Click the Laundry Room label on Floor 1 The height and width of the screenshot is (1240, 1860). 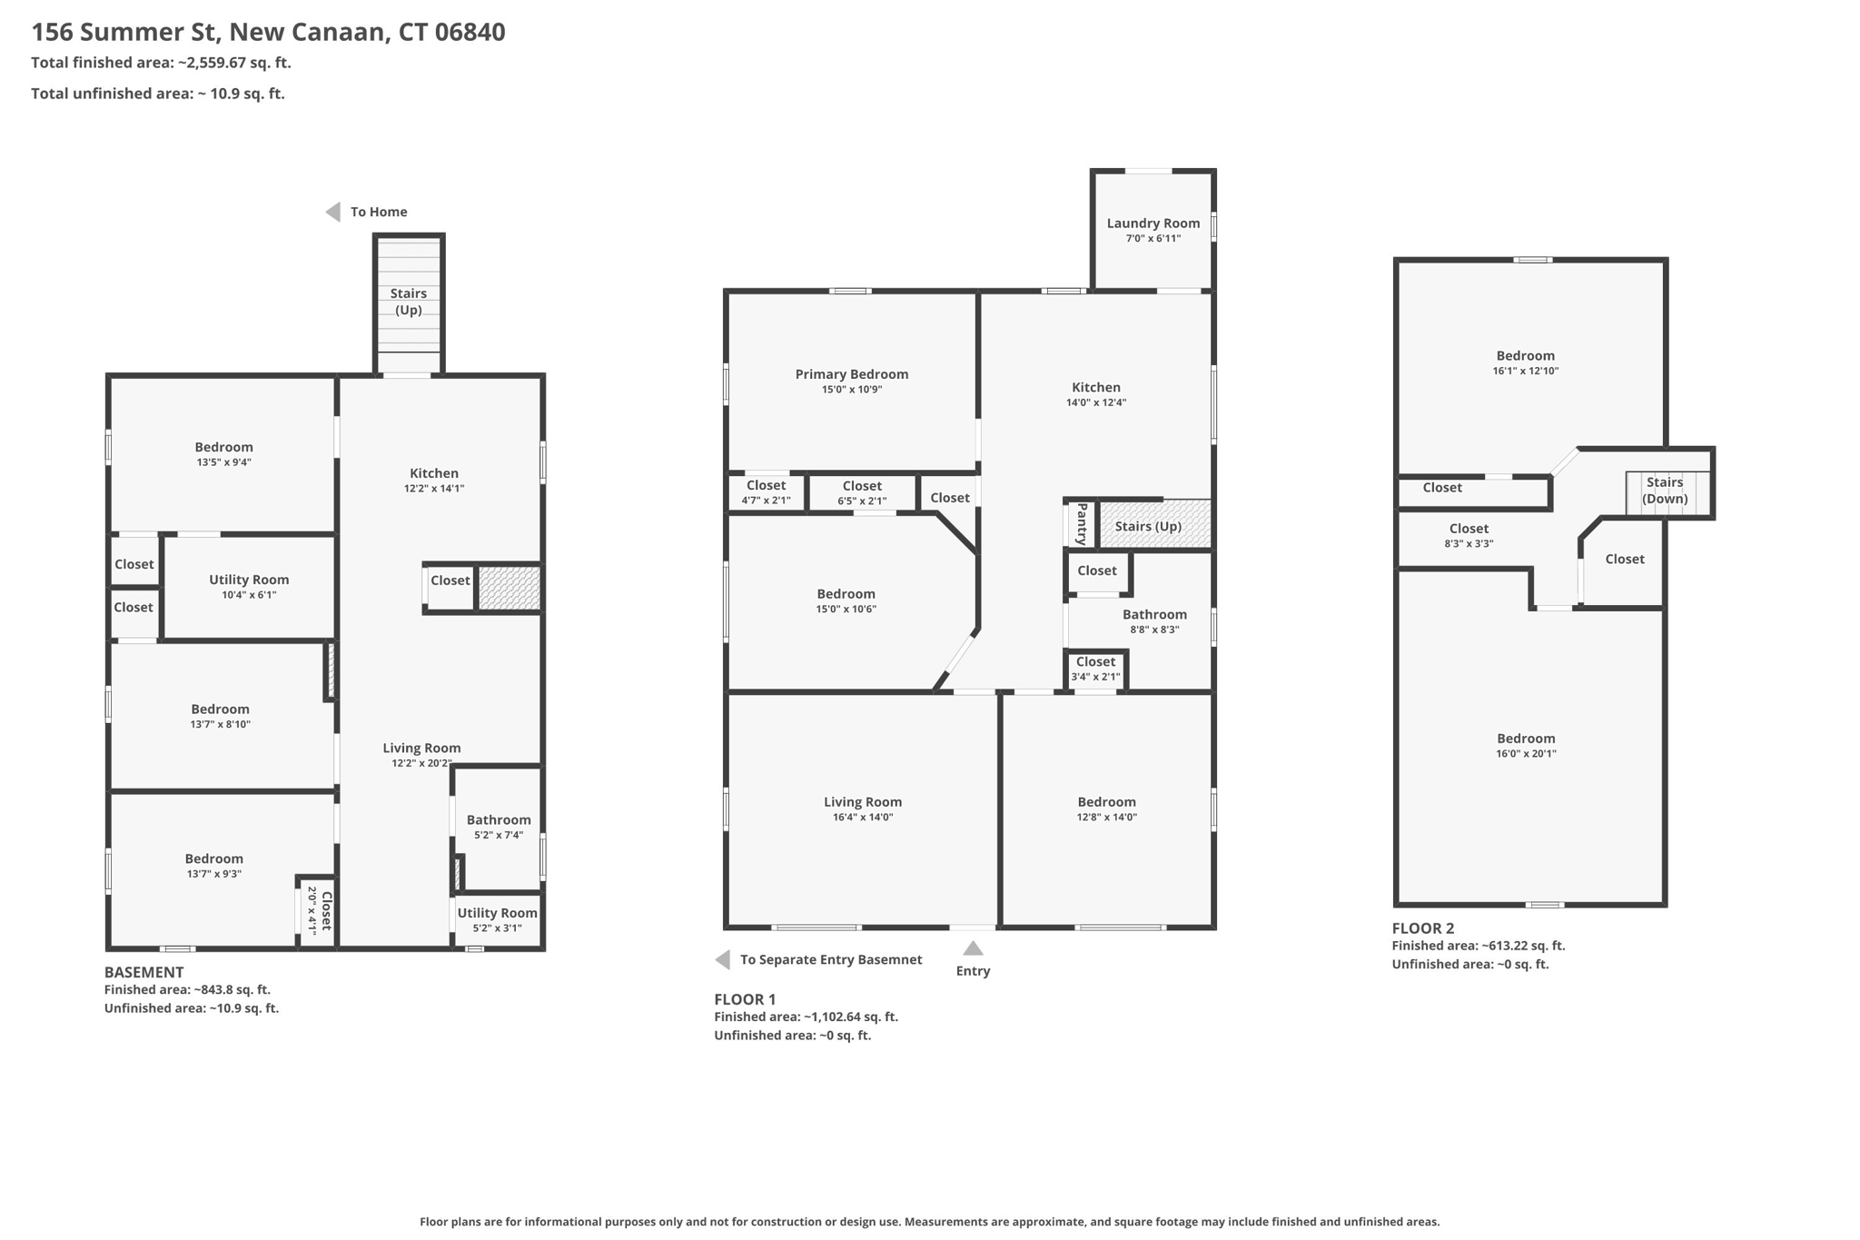point(1153,223)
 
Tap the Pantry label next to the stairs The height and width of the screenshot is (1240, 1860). point(1081,525)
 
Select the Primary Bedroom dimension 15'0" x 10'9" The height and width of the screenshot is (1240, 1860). point(851,390)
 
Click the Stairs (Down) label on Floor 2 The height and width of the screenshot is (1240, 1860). point(1664,491)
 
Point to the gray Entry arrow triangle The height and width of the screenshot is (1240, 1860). point(973,948)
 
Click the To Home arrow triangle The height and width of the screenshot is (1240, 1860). point(333,212)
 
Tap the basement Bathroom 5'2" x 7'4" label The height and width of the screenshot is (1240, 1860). point(498,827)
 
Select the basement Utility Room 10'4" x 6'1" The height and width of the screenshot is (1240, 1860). point(249,587)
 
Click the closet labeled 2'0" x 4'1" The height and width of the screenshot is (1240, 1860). point(319,910)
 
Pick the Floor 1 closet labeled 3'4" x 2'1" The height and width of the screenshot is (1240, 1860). point(1095,669)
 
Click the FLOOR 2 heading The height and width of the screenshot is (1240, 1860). point(1422,928)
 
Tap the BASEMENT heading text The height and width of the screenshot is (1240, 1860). point(143,972)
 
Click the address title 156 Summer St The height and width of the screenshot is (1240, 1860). point(268,33)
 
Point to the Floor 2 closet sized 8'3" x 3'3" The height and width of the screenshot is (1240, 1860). point(1469,536)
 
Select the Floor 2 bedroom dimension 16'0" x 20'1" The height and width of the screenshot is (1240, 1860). point(1526,753)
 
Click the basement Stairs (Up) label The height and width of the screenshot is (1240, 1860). point(408,302)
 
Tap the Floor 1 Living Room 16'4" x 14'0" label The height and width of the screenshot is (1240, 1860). point(862,808)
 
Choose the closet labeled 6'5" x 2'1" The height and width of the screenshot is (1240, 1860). point(862,492)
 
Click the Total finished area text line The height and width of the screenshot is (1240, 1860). point(161,63)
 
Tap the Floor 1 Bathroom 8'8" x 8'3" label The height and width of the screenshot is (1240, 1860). point(1154,621)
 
